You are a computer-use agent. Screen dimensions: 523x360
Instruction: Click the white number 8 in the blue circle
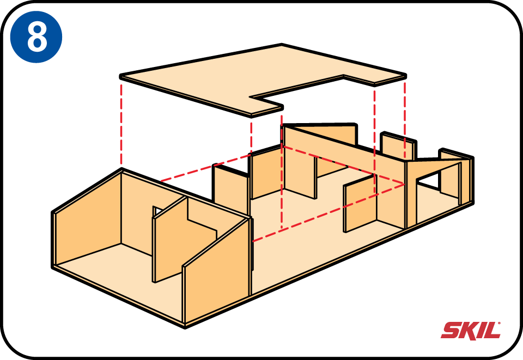pyautogui.click(x=37, y=37)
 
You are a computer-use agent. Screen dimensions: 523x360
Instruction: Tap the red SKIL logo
pyautogui.click(x=471, y=330)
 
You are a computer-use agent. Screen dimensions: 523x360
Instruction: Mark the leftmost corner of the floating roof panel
pyautogui.click(x=120, y=76)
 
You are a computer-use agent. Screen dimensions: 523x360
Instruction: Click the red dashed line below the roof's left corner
pyautogui.click(x=121, y=125)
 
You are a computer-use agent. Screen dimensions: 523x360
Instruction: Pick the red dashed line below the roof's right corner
pyautogui.click(x=405, y=120)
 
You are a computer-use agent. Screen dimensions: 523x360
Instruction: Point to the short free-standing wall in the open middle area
pyautogui.click(x=360, y=203)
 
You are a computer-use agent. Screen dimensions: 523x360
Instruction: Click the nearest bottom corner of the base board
pyautogui.click(x=185, y=327)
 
